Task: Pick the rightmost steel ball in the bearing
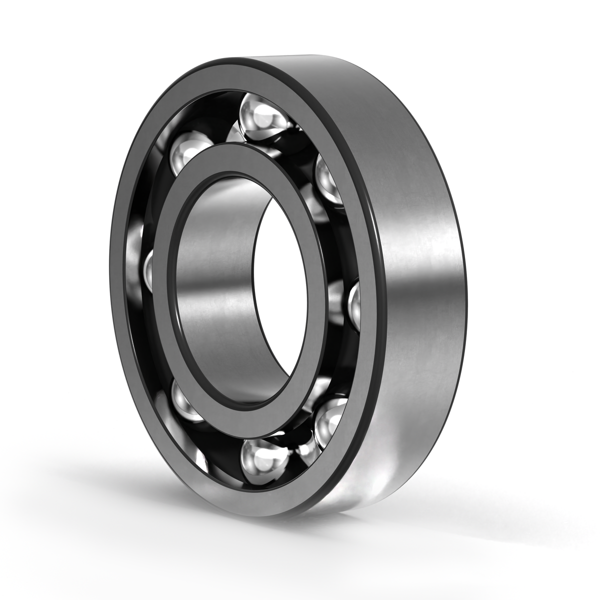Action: [353, 303]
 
